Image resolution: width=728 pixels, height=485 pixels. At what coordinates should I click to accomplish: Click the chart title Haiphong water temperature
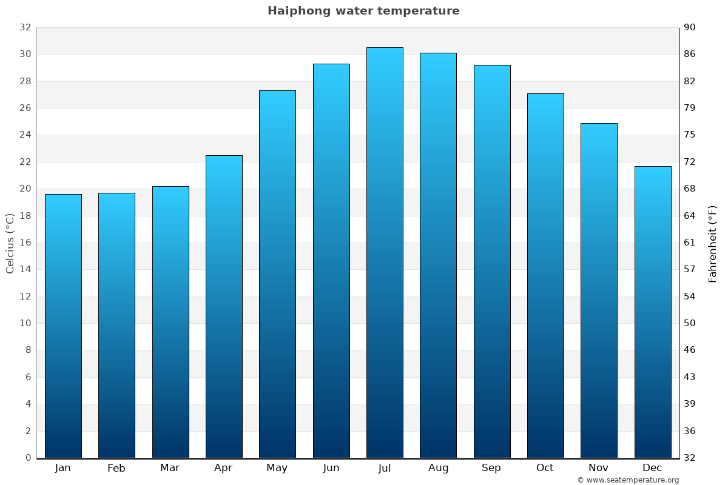363,11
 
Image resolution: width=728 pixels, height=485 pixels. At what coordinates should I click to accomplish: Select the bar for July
385,252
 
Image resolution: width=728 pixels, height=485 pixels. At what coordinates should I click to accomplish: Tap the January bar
63,326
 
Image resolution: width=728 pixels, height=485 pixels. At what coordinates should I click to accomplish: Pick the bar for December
653,312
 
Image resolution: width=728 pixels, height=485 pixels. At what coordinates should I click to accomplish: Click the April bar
224,306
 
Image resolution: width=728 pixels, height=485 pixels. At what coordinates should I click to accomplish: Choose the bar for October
545,275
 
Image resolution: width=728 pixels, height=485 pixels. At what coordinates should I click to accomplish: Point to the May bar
277,274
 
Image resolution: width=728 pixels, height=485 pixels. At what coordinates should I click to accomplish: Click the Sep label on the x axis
491,468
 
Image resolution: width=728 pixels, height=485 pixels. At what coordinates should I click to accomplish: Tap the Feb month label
116,468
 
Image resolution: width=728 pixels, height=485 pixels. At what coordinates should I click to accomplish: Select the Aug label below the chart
438,468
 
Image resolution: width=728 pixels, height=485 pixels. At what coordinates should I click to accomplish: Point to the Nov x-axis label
599,468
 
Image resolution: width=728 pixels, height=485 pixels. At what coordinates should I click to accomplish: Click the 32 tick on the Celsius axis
25,27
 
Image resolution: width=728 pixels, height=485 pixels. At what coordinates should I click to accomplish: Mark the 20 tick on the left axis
25,189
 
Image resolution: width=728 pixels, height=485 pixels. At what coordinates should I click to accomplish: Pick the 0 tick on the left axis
28,458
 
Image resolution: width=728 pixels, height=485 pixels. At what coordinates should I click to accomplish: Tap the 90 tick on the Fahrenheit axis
690,27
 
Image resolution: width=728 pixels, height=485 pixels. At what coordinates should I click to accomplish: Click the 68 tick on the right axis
690,189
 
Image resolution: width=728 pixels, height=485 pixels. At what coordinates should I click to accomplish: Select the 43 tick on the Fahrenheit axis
690,377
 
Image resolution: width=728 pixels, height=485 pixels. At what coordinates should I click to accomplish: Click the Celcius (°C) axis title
10,243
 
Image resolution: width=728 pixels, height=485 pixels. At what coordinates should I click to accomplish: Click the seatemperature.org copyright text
628,480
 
